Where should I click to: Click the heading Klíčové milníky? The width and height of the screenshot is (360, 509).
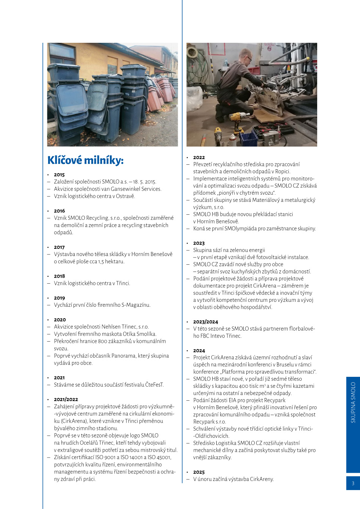click(85, 160)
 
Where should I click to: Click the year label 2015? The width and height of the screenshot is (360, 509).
click(59, 175)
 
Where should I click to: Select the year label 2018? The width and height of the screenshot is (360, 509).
click(59, 276)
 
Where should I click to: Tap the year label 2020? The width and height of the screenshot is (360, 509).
click(60, 320)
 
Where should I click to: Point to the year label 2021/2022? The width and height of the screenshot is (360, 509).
click(66, 399)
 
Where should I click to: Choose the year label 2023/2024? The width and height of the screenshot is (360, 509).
click(205, 322)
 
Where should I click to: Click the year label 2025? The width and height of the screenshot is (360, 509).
click(199, 472)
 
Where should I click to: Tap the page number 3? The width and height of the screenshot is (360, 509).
click(353, 483)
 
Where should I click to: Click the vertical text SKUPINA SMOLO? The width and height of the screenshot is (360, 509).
click(353, 402)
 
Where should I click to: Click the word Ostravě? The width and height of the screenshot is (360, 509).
click(125, 196)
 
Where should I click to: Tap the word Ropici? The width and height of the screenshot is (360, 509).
click(283, 171)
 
